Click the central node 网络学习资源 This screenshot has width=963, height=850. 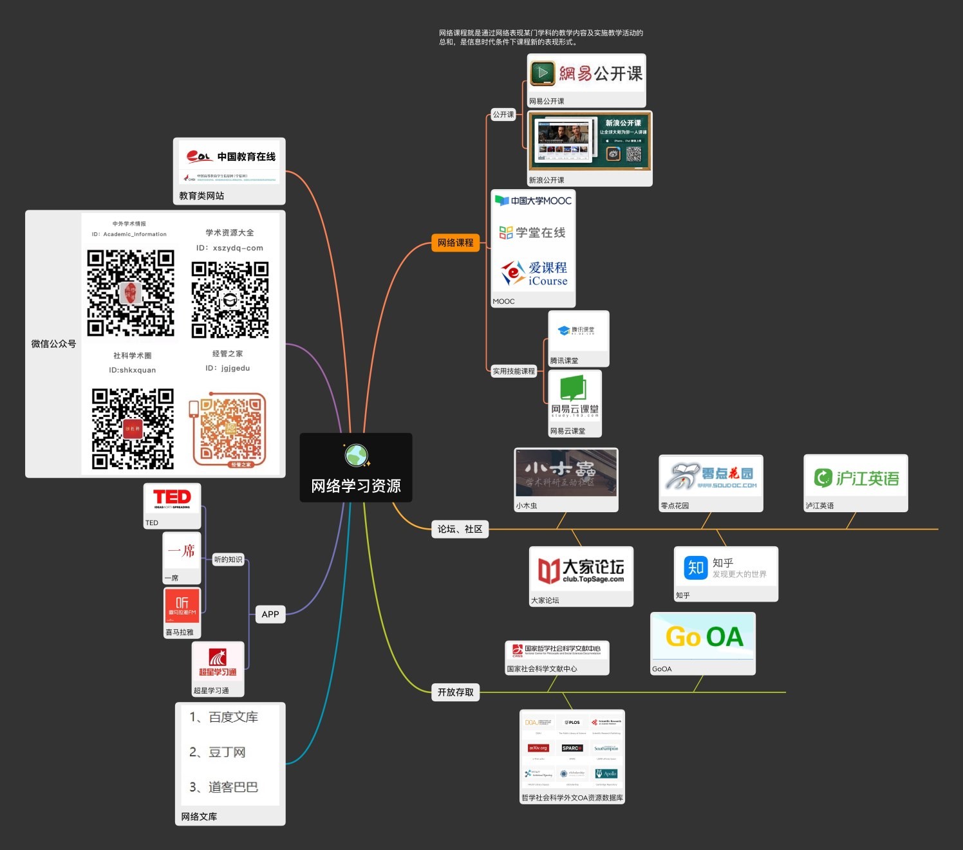coord(356,485)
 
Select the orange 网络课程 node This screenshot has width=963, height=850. coord(455,243)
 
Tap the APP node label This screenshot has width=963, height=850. coord(270,614)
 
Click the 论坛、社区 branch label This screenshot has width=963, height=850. coord(460,529)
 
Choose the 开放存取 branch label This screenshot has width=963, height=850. coord(455,692)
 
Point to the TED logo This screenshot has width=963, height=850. coord(172,498)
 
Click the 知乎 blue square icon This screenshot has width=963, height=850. coord(695,568)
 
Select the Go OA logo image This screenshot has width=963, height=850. coord(703,636)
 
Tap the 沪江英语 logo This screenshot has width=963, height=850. coord(855,478)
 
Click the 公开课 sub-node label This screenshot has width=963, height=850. coord(503,115)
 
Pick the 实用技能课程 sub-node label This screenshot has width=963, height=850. coord(514,371)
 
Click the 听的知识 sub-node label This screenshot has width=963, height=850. coord(228,560)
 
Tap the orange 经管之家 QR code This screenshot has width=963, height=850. coord(230,429)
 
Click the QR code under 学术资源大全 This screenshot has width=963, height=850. coord(230,299)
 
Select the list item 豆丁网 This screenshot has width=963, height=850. coord(226,752)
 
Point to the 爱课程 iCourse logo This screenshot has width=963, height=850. coord(534,273)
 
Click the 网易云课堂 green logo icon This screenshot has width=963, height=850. coord(573,389)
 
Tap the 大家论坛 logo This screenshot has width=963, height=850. coord(581,570)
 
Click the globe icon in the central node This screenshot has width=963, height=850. coord(356,455)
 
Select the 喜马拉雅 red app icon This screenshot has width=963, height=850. coord(182,605)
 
